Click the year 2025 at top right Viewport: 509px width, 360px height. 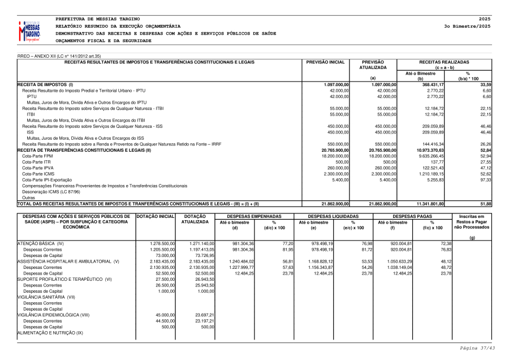point(485,19)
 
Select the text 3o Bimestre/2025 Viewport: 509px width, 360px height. point(467,26)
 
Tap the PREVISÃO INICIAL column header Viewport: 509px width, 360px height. point(325,62)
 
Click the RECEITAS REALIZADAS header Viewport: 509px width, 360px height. point(444,62)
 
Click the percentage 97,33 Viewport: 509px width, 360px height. point(485,179)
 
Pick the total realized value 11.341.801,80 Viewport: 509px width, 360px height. point(431,203)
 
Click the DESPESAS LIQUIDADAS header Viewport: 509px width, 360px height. point(333,216)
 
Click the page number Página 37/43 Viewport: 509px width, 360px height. point(477,348)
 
